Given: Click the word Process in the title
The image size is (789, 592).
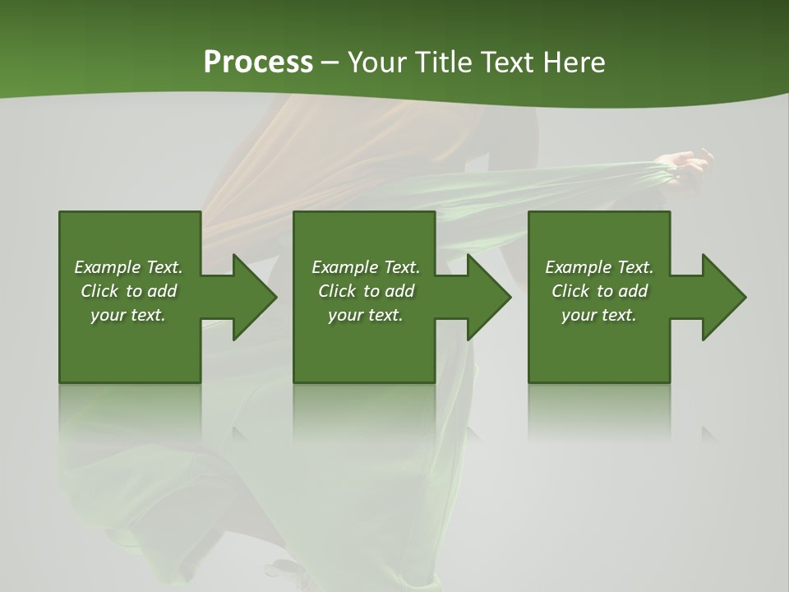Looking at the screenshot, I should [258, 62].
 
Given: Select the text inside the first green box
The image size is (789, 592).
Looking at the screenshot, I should [128, 291].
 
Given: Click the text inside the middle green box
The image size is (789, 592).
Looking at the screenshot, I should [366, 291].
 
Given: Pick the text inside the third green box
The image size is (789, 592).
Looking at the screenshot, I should [599, 291].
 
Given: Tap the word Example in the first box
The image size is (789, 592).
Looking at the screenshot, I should [108, 267].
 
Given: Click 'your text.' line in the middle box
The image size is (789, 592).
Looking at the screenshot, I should [366, 315].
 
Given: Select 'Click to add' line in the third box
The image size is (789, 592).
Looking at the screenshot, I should [599, 291].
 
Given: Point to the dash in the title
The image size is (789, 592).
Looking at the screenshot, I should [330, 62].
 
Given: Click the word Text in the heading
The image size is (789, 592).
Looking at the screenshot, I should [507, 62].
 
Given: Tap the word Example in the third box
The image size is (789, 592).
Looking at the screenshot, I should [579, 267].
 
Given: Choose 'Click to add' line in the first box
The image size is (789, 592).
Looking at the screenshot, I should [128, 291].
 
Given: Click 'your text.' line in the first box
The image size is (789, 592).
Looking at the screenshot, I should [128, 315].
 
